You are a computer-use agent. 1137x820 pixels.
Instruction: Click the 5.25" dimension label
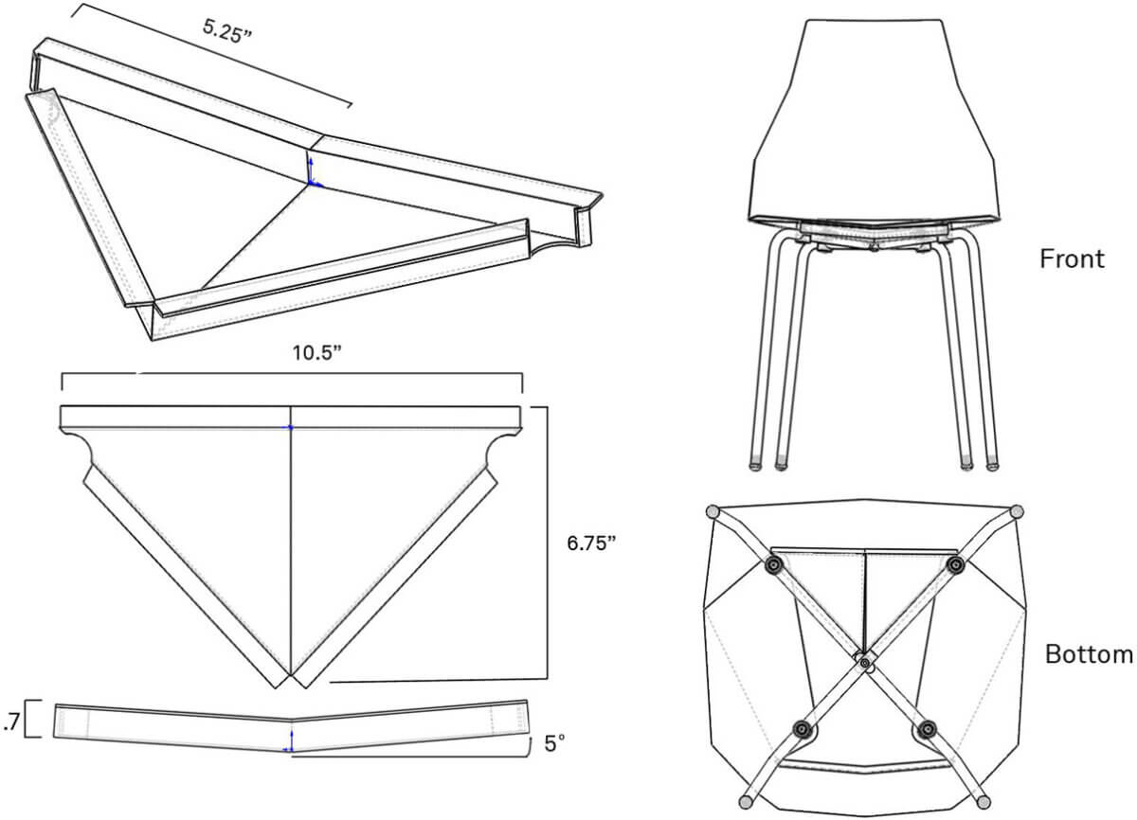226,31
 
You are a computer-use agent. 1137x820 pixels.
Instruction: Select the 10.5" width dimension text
317,353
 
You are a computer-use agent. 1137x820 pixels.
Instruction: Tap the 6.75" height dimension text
591,544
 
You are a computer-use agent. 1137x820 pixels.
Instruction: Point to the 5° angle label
554,744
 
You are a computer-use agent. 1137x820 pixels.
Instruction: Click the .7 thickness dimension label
10,722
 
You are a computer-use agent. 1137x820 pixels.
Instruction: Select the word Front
1072,258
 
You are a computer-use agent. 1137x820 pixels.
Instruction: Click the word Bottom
1089,654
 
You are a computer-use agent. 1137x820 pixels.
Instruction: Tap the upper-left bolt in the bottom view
774,564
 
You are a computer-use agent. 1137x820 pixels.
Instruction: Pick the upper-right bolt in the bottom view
956,564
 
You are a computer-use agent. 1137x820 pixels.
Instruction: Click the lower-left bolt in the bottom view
802,730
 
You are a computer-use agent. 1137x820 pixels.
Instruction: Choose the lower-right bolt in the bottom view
928,729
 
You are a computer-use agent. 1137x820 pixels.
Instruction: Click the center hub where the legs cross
865,663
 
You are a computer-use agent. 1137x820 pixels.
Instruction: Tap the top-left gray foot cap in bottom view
713,511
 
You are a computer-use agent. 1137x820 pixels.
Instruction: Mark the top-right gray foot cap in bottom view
1017,511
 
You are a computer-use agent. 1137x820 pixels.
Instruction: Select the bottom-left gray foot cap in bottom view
747,802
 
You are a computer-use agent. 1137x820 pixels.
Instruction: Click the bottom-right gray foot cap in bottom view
984,802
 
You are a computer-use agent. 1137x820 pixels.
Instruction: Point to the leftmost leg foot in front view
756,464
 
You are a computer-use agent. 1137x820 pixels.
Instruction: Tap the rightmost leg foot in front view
992,464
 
